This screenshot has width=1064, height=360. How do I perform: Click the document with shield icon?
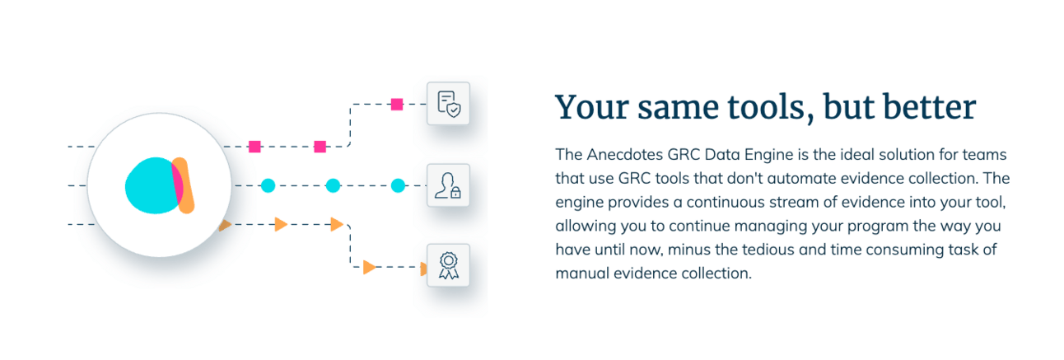[x=448, y=104]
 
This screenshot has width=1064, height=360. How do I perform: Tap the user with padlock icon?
[x=448, y=185]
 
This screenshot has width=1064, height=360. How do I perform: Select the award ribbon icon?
[x=448, y=265]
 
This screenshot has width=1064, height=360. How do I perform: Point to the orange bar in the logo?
[x=184, y=185]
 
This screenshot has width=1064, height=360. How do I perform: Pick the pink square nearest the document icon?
[x=397, y=104]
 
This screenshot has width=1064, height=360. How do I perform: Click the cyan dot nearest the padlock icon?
[x=398, y=185]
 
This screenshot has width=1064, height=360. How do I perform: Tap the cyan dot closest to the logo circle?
[x=268, y=185]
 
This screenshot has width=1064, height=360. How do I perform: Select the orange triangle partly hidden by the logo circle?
[x=225, y=225]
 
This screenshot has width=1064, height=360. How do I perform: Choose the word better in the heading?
[x=930, y=106]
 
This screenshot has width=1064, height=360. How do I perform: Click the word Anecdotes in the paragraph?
[x=624, y=154]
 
